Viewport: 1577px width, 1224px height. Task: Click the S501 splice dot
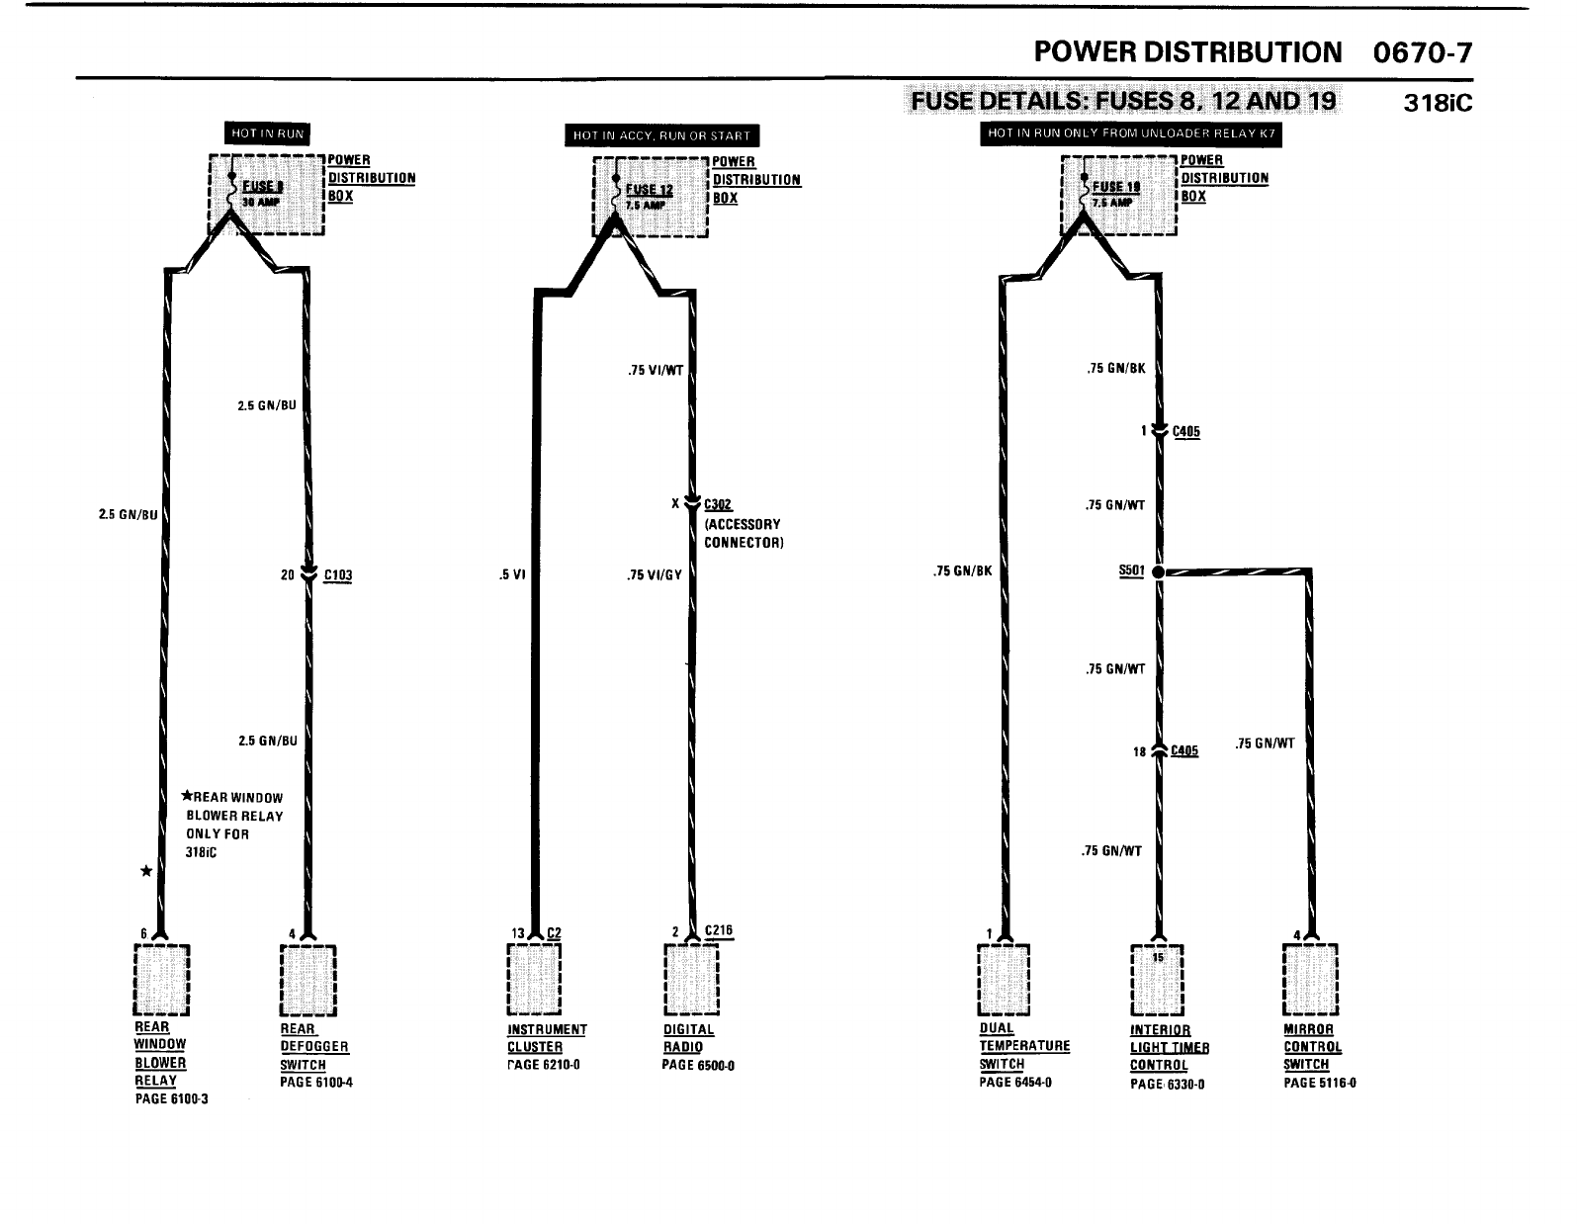[x=1157, y=571]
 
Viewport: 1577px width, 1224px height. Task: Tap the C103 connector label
[x=338, y=575]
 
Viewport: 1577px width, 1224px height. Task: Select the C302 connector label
[x=718, y=504]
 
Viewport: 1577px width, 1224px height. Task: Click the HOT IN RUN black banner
[x=267, y=133]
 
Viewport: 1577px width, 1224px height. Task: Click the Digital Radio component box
[x=691, y=979]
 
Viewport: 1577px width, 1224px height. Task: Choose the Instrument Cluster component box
[x=533, y=979]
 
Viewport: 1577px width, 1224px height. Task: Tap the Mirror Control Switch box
[x=1309, y=979]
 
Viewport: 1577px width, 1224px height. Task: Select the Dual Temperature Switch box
[x=1003, y=979]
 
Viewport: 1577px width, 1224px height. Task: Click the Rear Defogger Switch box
[x=308, y=979]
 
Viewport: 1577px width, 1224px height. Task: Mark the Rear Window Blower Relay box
[x=161, y=979]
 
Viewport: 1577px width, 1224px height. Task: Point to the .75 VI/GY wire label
[x=655, y=575]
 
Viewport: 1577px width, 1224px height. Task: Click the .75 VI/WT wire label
[x=655, y=372]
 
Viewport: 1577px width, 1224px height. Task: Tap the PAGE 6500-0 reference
[x=698, y=1065]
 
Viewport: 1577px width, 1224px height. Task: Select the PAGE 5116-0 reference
[x=1319, y=1083]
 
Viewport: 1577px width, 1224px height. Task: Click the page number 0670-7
[x=1423, y=52]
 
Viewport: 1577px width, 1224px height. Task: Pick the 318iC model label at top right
[x=1438, y=103]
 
